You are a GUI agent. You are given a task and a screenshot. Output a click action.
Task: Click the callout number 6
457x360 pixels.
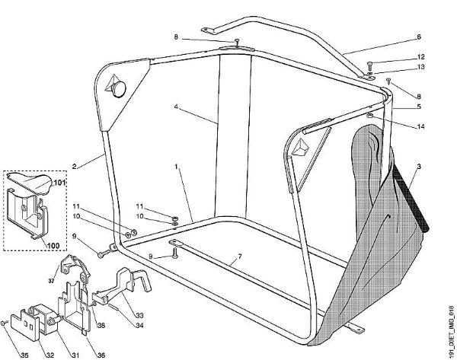click(x=419, y=37)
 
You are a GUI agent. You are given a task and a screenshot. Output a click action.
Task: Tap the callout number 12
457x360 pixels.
click(x=421, y=57)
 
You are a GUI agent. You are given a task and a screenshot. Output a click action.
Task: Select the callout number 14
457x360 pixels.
click(x=421, y=126)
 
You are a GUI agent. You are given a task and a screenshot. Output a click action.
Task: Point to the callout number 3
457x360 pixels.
click(x=419, y=167)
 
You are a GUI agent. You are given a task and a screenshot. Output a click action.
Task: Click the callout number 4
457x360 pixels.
click(x=176, y=107)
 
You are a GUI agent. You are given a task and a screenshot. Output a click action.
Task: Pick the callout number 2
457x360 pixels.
click(x=75, y=167)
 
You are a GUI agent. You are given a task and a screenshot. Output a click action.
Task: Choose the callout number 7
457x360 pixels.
click(x=240, y=256)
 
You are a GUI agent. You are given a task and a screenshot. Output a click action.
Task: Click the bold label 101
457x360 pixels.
click(x=59, y=183)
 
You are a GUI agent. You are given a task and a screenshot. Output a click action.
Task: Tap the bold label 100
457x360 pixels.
click(x=53, y=246)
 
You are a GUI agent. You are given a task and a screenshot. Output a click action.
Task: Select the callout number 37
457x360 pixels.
click(x=51, y=281)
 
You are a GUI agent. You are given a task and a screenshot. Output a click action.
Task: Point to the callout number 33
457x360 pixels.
click(x=139, y=315)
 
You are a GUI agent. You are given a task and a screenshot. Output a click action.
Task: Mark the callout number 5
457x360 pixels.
click(x=419, y=107)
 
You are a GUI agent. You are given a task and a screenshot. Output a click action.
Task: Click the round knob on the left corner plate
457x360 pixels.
click(x=120, y=88)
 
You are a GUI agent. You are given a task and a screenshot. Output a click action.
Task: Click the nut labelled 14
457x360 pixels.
click(x=369, y=116)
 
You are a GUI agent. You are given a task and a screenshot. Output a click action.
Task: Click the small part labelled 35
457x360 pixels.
click(x=3, y=323)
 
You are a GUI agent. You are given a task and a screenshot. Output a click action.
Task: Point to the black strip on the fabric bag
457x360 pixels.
click(x=410, y=196)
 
